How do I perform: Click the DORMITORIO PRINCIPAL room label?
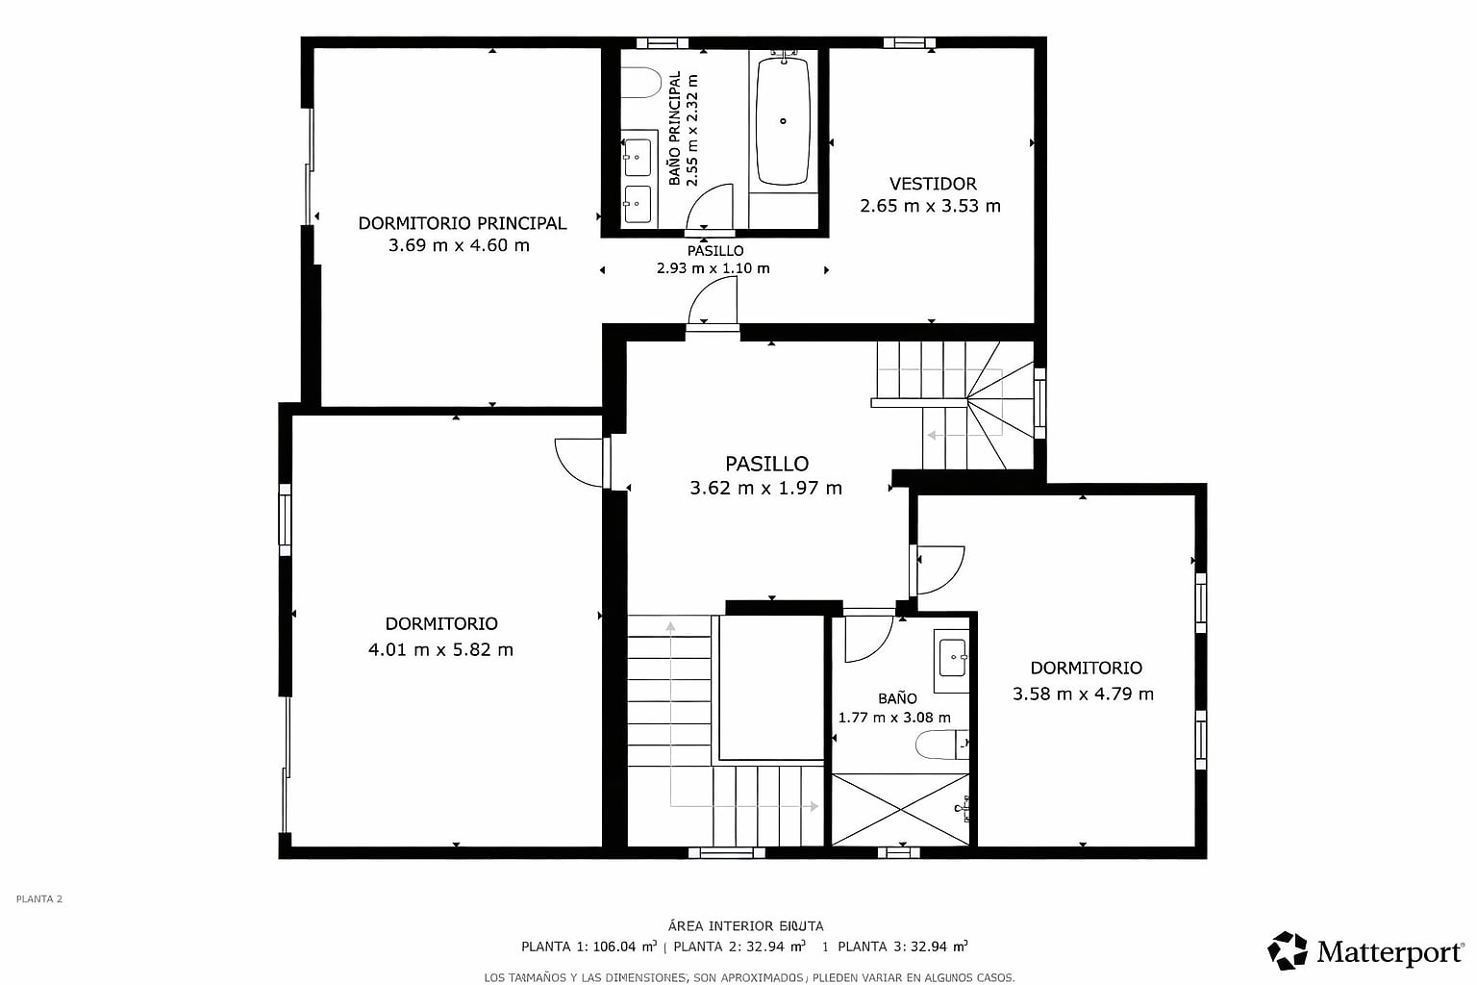point(463,223)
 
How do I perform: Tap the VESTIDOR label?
point(933,184)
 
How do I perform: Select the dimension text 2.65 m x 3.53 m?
point(930,206)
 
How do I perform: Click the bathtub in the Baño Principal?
point(783,122)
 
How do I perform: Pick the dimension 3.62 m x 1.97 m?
point(765,489)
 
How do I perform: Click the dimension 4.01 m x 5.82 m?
point(440,650)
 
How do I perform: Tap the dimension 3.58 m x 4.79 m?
point(1083,695)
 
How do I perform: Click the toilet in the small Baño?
point(941,745)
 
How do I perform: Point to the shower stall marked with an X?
point(900,810)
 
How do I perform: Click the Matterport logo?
point(1364,951)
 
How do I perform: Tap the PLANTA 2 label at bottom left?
point(38,898)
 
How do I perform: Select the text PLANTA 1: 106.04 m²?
point(588,947)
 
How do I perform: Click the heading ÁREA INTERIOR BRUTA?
point(745,926)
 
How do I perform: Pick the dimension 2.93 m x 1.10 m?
point(713,268)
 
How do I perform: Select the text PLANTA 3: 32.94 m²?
point(903,947)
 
